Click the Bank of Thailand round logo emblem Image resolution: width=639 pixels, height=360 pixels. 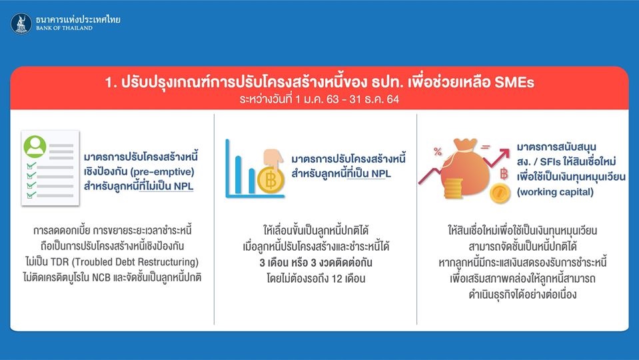[x=21, y=23]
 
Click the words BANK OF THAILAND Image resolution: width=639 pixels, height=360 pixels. [x=65, y=28]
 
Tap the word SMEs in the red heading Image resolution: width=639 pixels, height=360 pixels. [x=514, y=83]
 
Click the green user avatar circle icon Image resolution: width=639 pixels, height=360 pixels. [x=35, y=147]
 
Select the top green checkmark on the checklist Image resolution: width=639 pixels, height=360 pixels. [x=31, y=166]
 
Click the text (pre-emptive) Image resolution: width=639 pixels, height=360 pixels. [x=162, y=171]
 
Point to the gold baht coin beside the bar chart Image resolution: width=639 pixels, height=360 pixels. [x=271, y=180]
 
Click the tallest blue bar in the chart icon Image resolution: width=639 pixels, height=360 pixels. [x=227, y=167]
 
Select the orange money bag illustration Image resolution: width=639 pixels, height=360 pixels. [x=464, y=167]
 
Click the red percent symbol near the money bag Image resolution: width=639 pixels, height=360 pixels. [x=438, y=151]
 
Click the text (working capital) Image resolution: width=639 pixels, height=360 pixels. [x=555, y=192]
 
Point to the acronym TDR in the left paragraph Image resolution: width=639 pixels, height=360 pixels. [x=59, y=262]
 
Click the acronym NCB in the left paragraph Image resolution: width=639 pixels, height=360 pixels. [x=101, y=277]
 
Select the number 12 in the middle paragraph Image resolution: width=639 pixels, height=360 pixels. [x=336, y=279]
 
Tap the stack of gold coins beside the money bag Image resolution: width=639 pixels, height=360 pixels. [x=453, y=189]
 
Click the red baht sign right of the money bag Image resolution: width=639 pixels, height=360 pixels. [x=504, y=174]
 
